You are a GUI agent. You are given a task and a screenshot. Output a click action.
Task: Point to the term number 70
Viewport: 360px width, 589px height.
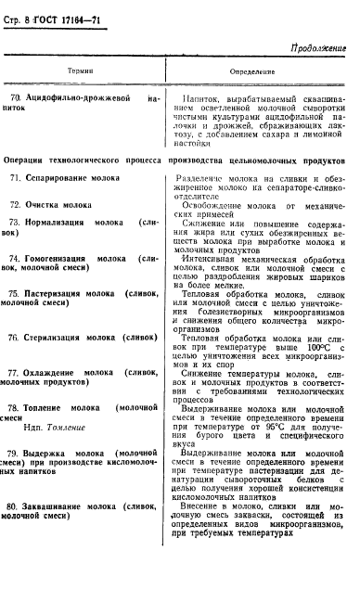[16, 96]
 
